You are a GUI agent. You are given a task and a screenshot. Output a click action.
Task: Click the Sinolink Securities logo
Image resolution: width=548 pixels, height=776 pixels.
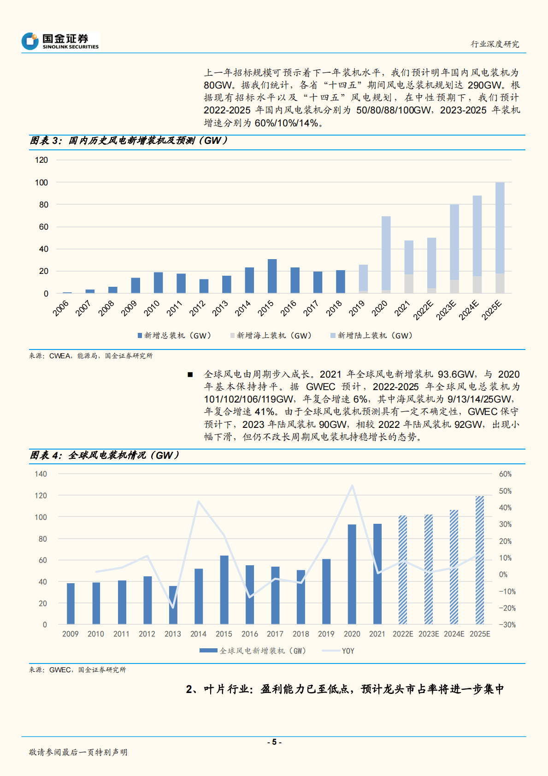60,41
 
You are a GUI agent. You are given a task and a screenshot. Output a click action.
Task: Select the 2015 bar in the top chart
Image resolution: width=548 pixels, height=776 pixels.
272,276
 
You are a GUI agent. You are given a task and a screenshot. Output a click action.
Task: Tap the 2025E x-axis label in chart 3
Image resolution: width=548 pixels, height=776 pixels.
491,309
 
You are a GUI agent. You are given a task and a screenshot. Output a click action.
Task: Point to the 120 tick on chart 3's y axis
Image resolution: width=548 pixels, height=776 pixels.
41,160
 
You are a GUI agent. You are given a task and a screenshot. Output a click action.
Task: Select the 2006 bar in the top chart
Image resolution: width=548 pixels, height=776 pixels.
67,292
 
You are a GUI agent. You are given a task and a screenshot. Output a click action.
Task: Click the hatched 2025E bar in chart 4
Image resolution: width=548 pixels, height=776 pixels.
479,560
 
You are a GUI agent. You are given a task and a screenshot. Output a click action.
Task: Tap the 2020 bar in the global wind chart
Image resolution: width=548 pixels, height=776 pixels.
352,574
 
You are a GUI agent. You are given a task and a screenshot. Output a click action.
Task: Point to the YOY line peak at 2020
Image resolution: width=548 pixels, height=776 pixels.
352,486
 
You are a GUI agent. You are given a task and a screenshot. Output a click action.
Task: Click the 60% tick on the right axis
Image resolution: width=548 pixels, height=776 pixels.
505,474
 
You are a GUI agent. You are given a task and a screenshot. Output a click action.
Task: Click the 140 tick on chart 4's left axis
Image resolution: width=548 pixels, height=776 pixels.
41,474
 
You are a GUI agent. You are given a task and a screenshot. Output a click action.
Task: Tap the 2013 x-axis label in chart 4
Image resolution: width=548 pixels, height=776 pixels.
173,634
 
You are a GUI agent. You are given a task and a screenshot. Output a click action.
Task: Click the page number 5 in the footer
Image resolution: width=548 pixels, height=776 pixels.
274,742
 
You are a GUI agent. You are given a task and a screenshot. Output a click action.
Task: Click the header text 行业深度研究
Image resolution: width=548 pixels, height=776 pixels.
495,44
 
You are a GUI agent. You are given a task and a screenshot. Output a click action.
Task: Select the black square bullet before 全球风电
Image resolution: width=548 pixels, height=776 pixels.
190,374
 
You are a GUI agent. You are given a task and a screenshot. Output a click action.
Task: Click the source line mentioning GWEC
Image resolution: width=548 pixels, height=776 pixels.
77,670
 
